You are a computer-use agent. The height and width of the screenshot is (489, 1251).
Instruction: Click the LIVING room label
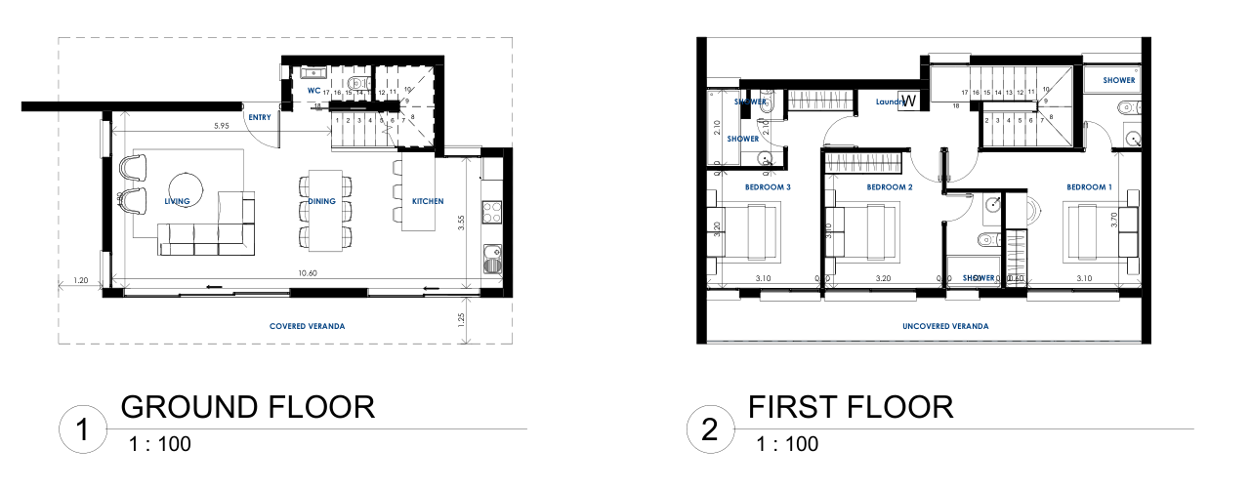point(177,201)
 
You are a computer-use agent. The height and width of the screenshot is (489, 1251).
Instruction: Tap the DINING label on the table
point(322,201)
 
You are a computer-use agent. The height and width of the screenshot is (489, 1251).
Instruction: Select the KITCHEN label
point(427,201)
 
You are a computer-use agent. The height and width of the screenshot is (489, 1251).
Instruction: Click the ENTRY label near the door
point(260,117)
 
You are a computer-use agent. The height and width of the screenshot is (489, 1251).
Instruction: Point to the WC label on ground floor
point(314,90)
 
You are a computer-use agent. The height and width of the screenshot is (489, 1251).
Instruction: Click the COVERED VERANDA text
point(309,326)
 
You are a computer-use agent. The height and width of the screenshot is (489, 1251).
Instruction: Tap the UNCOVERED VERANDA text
point(944,326)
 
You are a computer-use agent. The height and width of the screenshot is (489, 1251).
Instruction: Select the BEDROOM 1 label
point(1089,186)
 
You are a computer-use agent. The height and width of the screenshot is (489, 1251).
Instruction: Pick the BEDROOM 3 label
point(768,186)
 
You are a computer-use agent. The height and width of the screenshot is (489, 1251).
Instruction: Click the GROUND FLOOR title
point(247,406)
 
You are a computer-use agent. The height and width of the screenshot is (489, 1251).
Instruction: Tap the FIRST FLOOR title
point(851,406)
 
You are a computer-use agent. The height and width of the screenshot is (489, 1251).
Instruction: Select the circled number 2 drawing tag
point(710,429)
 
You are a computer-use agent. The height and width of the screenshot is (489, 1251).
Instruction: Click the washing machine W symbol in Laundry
point(908,101)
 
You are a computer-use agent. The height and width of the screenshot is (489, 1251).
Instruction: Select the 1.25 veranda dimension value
point(462,317)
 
